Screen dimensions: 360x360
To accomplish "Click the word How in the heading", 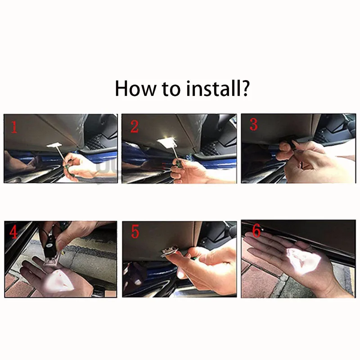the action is pos(135,88).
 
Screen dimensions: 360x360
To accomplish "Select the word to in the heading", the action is pos(171,89).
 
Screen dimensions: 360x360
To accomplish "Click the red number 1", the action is pos(14,127).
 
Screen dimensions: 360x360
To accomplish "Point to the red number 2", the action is pos(134,127).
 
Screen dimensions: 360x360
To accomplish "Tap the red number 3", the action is pos(253,125).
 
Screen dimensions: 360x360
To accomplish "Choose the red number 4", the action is pos(13,232).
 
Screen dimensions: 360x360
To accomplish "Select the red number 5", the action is pos(135,231).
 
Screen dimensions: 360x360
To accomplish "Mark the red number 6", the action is pos(256,230).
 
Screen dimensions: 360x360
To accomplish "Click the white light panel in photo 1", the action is pos(54,145).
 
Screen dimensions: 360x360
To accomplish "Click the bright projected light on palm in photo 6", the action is pos(303,261).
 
